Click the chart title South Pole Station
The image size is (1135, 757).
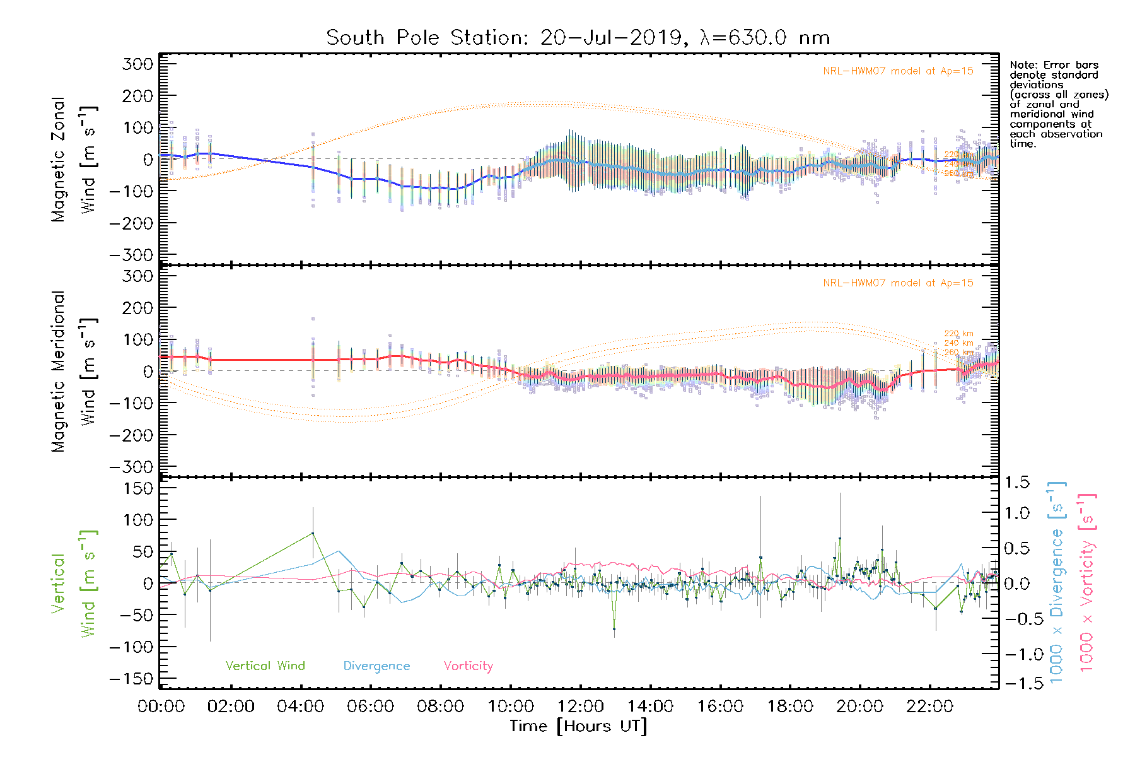577,38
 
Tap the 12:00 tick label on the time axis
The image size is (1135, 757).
580,706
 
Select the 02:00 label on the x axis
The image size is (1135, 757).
231,706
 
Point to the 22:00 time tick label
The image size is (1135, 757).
929,706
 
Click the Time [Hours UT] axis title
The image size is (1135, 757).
578,726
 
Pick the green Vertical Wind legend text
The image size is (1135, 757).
265,666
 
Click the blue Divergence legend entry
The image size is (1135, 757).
376,666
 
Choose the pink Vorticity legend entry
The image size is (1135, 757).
468,666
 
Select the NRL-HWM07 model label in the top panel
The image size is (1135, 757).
898,71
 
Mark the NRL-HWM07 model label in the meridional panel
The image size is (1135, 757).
898,283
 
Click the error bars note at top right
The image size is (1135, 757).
1058,104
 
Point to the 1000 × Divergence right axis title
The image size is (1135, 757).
1056,583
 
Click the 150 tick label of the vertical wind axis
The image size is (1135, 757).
139,488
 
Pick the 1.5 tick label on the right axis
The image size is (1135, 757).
1016,483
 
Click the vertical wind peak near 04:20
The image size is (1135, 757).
312,533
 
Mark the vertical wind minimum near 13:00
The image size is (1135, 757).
614,629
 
